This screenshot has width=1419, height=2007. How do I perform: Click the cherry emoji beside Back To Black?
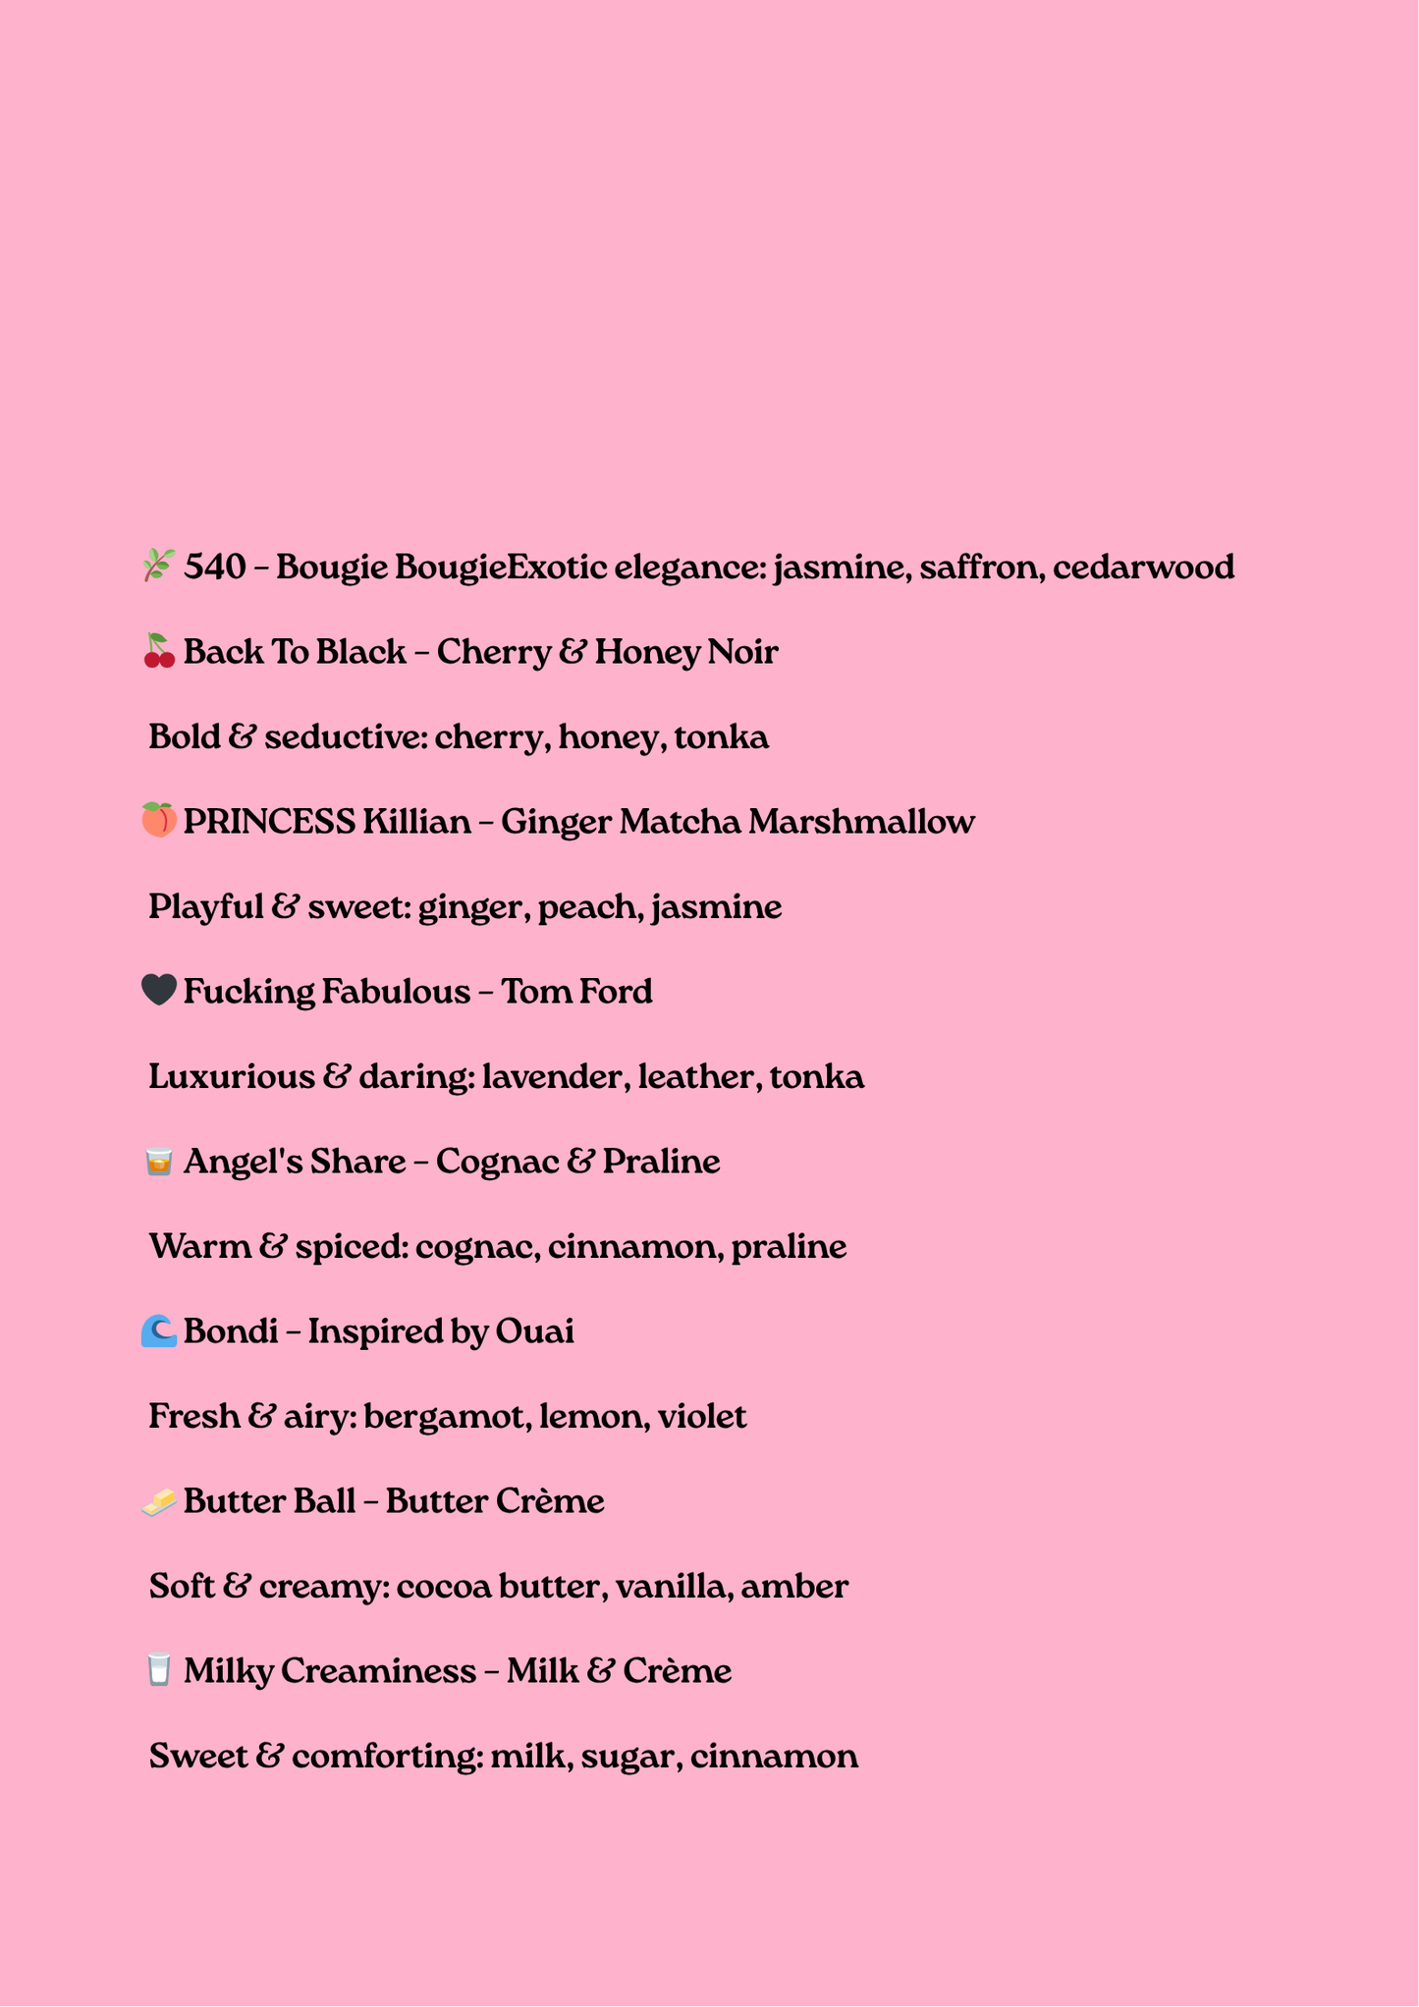click(159, 651)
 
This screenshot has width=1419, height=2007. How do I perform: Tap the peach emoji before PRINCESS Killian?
click(159, 820)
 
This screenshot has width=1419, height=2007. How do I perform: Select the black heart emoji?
click(159, 990)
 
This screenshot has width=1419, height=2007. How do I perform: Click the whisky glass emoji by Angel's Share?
click(159, 1161)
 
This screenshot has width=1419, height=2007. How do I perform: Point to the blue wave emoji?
click(159, 1330)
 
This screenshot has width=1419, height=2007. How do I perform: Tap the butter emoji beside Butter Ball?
click(159, 1500)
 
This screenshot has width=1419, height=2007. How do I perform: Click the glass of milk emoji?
click(159, 1670)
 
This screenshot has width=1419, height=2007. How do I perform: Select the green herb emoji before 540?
click(159, 566)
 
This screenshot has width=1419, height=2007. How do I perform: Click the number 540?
click(215, 567)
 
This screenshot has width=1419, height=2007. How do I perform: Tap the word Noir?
click(742, 652)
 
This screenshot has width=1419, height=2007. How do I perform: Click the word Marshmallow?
click(861, 821)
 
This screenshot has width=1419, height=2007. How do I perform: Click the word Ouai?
click(534, 1331)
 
